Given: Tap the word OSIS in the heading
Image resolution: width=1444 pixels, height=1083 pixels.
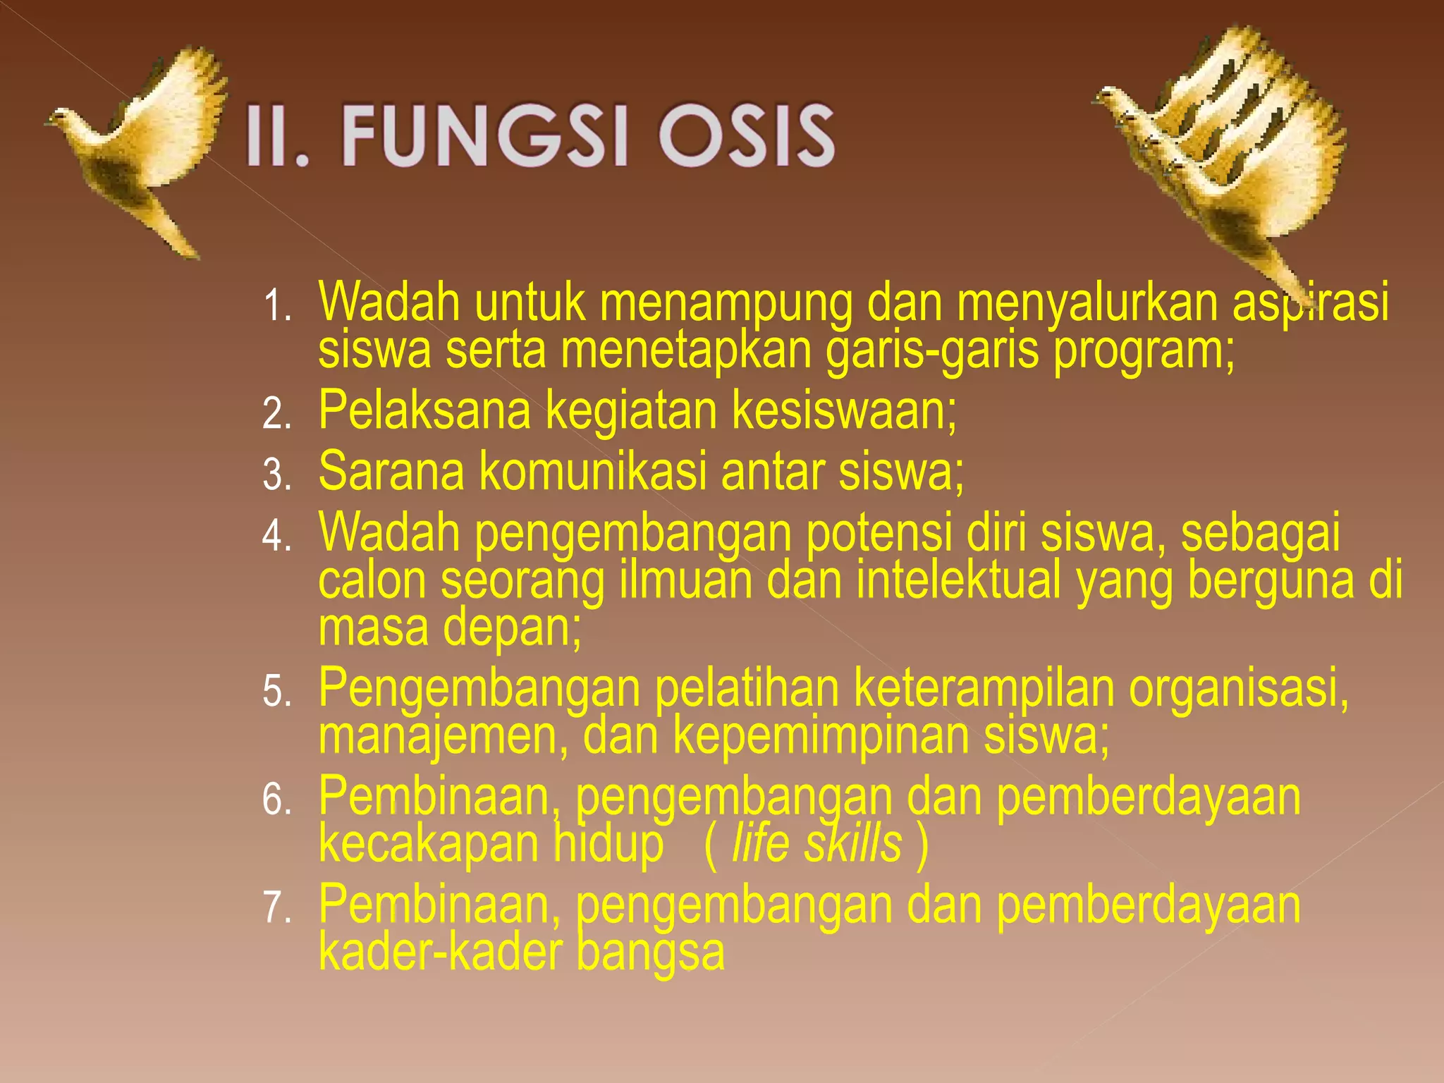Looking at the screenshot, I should pyautogui.click(x=746, y=135).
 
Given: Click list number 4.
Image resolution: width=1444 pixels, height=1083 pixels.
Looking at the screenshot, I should pyautogui.click(x=277, y=536).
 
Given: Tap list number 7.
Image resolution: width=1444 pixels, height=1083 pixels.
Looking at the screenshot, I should pyautogui.click(x=277, y=907).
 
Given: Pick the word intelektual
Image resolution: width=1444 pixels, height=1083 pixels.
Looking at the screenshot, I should pyautogui.click(x=959, y=581).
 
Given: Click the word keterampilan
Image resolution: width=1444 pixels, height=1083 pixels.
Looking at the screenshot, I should pyautogui.click(x=984, y=688).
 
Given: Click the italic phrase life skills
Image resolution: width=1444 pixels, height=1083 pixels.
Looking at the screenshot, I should pyautogui.click(x=816, y=843).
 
